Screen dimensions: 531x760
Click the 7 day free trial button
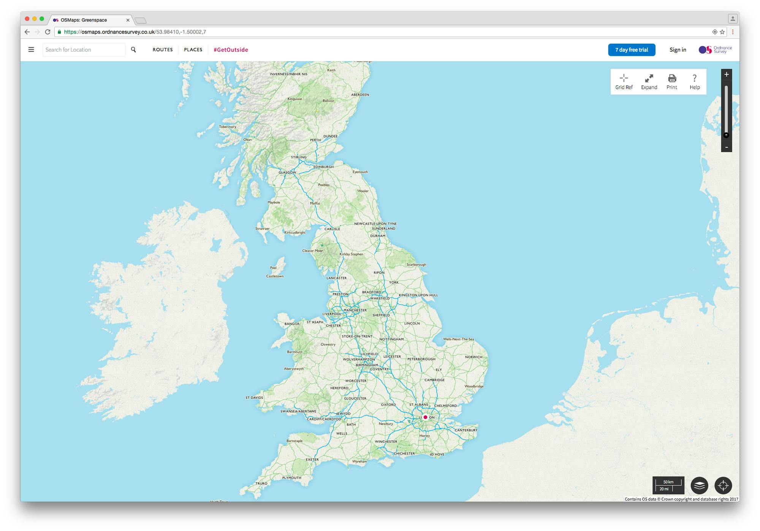click(x=631, y=50)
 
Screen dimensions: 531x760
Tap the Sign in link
click(x=678, y=50)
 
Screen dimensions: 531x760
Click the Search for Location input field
click(x=84, y=50)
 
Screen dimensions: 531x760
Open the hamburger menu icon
click(x=31, y=49)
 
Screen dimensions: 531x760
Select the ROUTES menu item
click(x=163, y=50)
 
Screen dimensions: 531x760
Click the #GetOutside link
click(x=231, y=50)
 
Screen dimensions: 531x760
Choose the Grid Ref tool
click(x=624, y=82)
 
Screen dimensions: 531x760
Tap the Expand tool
click(x=649, y=82)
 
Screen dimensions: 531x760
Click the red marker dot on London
click(x=425, y=417)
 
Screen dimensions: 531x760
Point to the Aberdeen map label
click(x=360, y=95)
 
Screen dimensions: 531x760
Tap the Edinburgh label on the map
click(x=323, y=167)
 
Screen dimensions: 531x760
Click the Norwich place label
click(x=473, y=357)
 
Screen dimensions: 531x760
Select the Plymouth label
click(x=292, y=478)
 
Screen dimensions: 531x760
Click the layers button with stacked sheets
click(x=699, y=485)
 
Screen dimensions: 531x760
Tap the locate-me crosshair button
click(x=723, y=485)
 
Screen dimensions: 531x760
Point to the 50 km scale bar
click(x=668, y=485)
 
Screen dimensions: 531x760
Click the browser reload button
click(x=47, y=32)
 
